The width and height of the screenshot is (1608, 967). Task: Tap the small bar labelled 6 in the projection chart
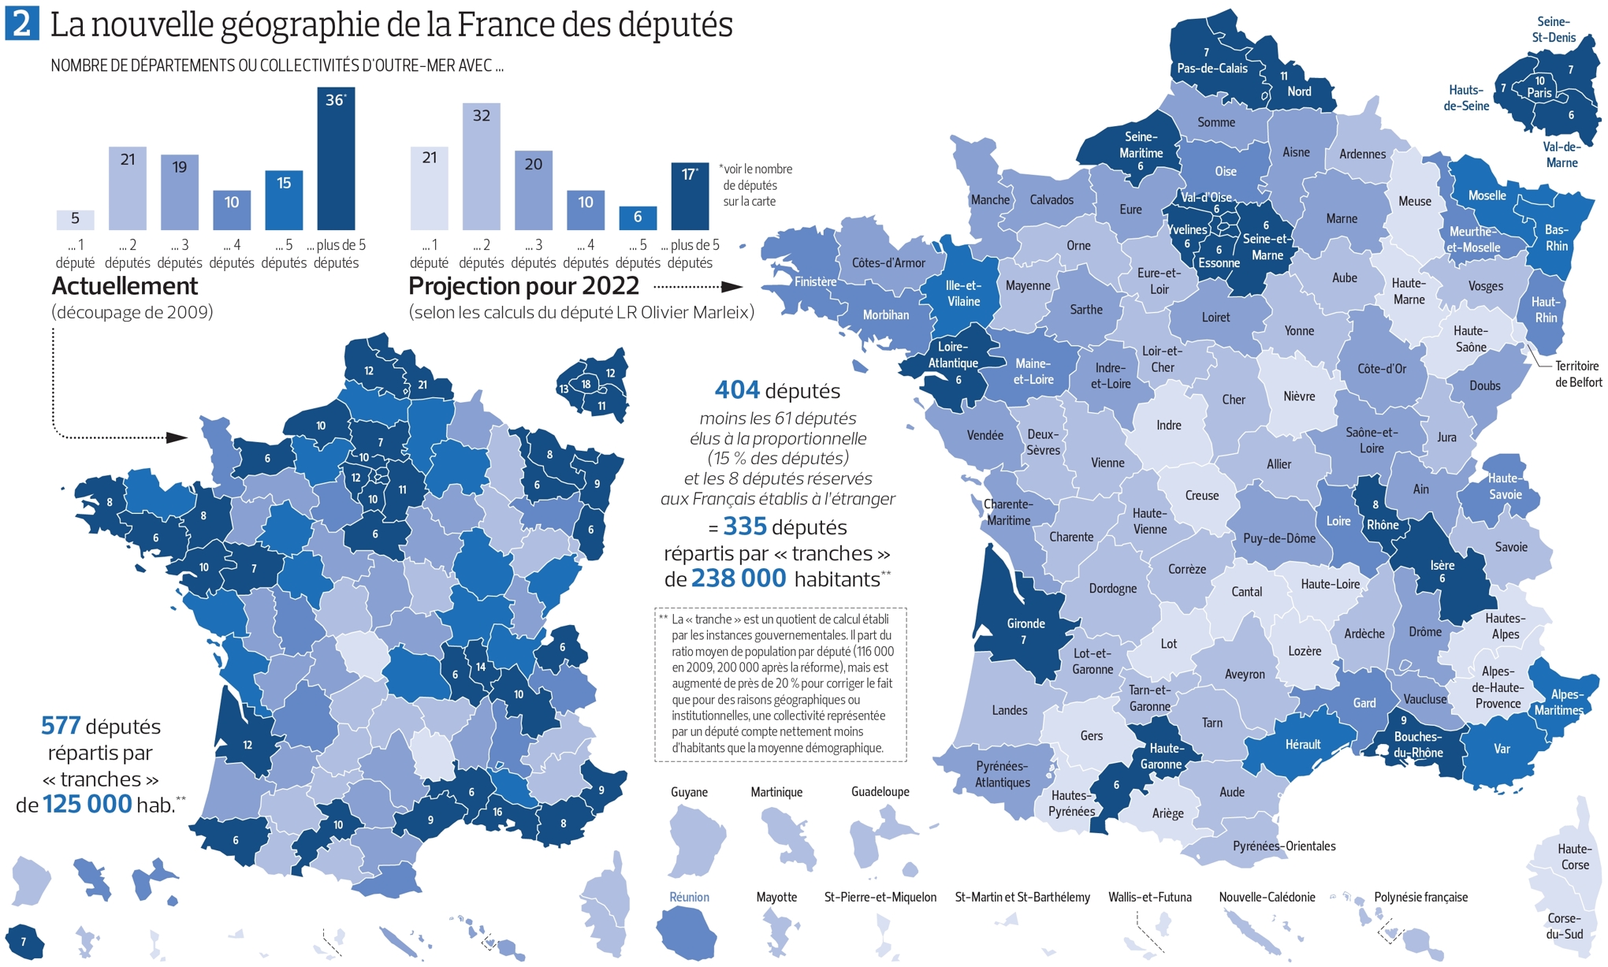[x=638, y=218]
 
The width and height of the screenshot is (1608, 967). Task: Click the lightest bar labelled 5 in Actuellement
[x=75, y=219]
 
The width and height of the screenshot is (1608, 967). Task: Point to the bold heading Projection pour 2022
[x=523, y=286]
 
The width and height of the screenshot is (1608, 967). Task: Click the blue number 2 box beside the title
[x=21, y=23]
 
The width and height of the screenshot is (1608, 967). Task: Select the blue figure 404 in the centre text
[x=737, y=390]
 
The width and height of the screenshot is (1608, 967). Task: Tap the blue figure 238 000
[x=739, y=578]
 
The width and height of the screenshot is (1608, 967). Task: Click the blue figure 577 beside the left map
[x=61, y=726]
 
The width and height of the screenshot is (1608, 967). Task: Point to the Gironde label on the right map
[x=1025, y=623]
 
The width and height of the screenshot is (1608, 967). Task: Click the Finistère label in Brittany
[x=815, y=281]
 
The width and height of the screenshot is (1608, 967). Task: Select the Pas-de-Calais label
[x=1212, y=69]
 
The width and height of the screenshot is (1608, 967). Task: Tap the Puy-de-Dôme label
[x=1279, y=538]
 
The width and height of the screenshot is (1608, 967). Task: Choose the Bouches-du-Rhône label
[x=1418, y=745]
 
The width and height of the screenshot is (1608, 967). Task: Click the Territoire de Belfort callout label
[x=1577, y=374]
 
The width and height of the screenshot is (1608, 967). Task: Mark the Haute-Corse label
[x=1574, y=857]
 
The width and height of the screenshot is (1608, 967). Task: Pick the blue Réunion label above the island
[x=689, y=897]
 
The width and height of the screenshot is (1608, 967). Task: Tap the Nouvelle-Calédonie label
[x=1267, y=897]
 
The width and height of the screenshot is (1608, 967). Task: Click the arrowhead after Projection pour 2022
[x=732, y=287]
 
